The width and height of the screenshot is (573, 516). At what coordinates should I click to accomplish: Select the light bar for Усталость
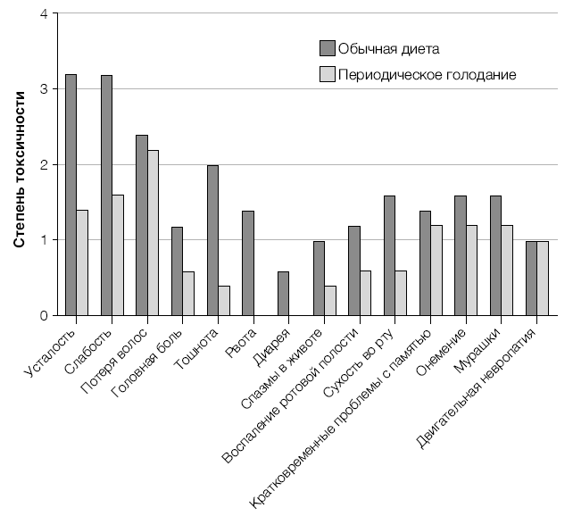(82, 262)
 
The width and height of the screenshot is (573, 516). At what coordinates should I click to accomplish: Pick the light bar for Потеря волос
(154, 233)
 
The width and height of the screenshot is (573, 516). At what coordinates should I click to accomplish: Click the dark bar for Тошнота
(212, 240)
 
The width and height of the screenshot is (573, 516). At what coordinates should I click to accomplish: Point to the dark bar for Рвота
(248, 262)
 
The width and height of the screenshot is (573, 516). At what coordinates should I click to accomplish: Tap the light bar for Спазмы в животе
(330, 300)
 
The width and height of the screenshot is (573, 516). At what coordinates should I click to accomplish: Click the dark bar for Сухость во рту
(389, 255)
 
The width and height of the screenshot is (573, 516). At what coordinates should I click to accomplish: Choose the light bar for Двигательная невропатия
(543, 278)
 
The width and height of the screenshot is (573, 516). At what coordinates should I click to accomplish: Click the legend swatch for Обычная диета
(327, 47)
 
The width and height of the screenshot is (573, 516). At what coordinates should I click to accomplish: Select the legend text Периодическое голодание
(428, 74)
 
